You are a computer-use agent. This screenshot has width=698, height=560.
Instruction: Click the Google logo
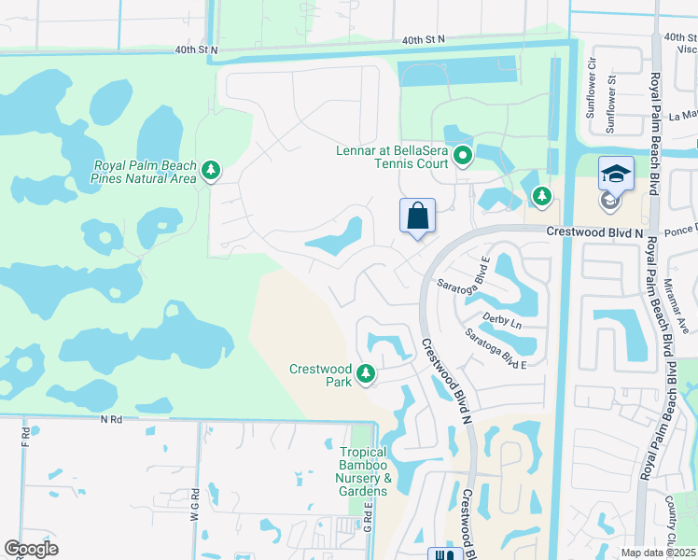[x=31, y=549]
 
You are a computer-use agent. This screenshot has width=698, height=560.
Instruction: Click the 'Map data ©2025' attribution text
[x=658, y=553]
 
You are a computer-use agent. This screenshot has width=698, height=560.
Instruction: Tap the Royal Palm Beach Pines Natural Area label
[x=145, y=172]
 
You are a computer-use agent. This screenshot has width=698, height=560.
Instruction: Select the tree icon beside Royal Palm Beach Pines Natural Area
[x=213, y=170]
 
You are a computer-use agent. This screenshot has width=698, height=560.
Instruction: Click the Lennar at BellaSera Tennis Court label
[x=392, y=157]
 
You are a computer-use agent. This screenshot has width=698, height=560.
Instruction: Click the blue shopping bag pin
[x=417, y=217]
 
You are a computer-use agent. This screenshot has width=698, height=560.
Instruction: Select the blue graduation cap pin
[x=616, y=174]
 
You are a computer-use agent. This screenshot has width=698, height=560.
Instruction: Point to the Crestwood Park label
[x=320, y=375]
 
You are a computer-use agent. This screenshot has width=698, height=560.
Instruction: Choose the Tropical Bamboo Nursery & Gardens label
[x=363, y=472]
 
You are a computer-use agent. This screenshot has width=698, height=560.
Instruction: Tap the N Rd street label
[x=112, y=420]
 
